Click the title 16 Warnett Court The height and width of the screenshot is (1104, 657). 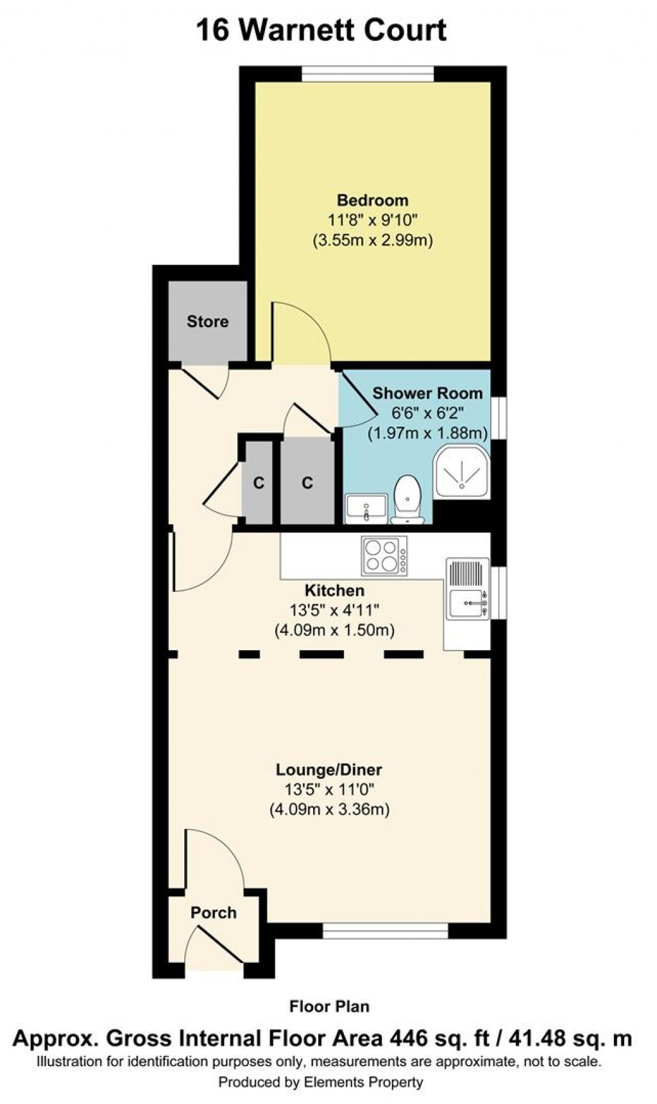coord(321,31)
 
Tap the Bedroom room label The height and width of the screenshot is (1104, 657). coord(373,200)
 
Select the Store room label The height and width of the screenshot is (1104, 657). coord(207,321)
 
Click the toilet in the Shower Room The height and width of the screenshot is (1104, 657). coord(407,499)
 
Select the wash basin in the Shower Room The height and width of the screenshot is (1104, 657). coord(366,508)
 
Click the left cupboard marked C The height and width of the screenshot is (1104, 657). coord(258,482)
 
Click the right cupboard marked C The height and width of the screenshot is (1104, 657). coord(307,482)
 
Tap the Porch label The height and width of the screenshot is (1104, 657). coord(214,912)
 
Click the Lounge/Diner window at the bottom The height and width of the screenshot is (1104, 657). coord(385,930)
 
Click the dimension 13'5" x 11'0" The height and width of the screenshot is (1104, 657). coord(329,790)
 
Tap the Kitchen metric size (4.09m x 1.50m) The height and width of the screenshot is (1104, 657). coord(334,630)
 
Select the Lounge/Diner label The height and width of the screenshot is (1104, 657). coord(329,769)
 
